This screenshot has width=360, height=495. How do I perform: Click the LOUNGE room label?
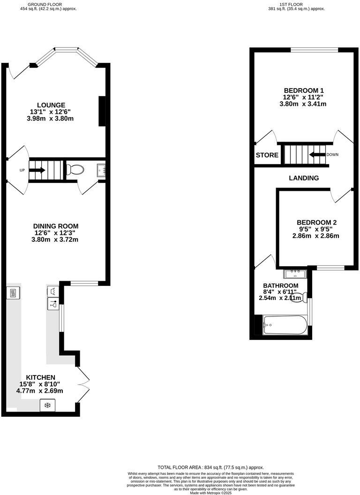pyautogui.click(x=52, y=105)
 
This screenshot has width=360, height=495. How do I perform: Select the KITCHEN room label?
pyautogui.click(x=41, y=377)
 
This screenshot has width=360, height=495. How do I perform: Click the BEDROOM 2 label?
pyautogui.click(x=316, y=223)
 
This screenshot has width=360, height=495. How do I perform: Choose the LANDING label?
pyautogui.click(x=304, y=178)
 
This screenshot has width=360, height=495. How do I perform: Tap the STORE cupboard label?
pyautogui.click(x=267, y=155)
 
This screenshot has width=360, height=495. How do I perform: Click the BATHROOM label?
pyautogui.click(x=280, y=285)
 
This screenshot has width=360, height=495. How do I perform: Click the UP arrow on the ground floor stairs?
pyautogui.click(x=37, y=170)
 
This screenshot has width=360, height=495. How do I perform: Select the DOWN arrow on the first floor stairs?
pyautogui.click(x=317, y=154)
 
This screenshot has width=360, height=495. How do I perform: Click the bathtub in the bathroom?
pyautogui.click(x=285, y=324)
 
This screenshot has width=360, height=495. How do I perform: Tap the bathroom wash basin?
pyautogui.click(x=294, y=273)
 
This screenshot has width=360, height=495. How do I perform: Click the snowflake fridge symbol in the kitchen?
pyautogui.click(x=47, y=405)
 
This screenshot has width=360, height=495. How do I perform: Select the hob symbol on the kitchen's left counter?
pyautogui.click(x=13, y=293)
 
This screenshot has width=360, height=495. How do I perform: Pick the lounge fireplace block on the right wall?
pyautogui.click(x=101, y=111)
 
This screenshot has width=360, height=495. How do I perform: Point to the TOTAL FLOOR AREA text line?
pyautogui.click(x=210, y=467)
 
